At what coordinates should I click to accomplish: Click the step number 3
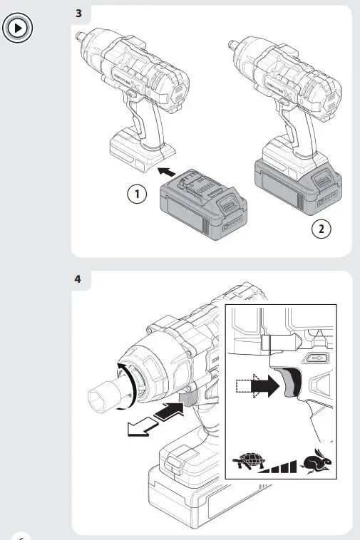point(78,14)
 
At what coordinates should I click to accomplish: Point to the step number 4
point(78,279)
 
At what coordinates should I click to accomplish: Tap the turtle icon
point(249,464)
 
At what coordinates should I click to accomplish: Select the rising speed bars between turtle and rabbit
point(281,467)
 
